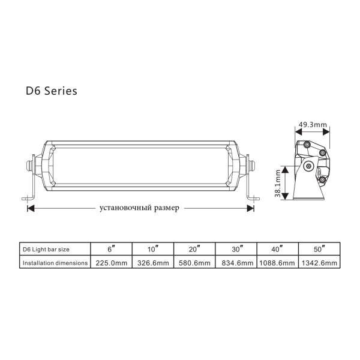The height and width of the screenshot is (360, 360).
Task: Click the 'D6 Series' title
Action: tap(52, 91)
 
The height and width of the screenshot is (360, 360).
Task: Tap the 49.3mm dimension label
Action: tap(313, 125)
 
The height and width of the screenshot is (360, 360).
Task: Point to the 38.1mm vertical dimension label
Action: tap(278, 184)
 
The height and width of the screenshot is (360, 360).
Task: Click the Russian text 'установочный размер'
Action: tap(139, 208)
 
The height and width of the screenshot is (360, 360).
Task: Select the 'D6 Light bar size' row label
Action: tap(46, 250)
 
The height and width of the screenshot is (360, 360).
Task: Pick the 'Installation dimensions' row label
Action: tap(55, 263)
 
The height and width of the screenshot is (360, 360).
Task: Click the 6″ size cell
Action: tap(112, 249)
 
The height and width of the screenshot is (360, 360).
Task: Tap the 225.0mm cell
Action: tap(112, 263)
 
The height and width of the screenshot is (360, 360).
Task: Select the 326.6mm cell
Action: tap(153, 263)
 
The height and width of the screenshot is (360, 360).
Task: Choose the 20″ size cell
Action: tap(194, 249)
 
